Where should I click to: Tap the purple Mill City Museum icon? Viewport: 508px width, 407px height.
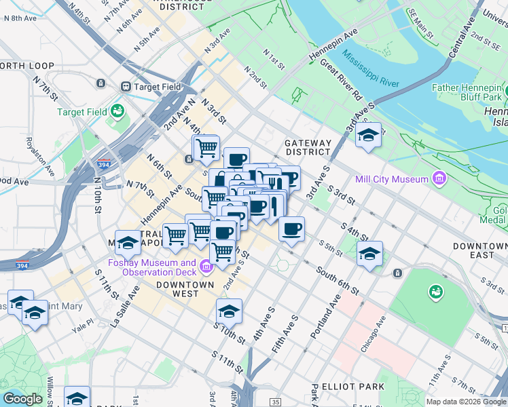(x=439, y=179)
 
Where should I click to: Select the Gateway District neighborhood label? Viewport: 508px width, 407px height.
(x=307, y=147)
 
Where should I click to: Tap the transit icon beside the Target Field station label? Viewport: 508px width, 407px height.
(x=126, y=87)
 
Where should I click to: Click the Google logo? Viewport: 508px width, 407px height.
(x=22, y=399)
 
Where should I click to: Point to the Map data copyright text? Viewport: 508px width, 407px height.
(x=465, y=402)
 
